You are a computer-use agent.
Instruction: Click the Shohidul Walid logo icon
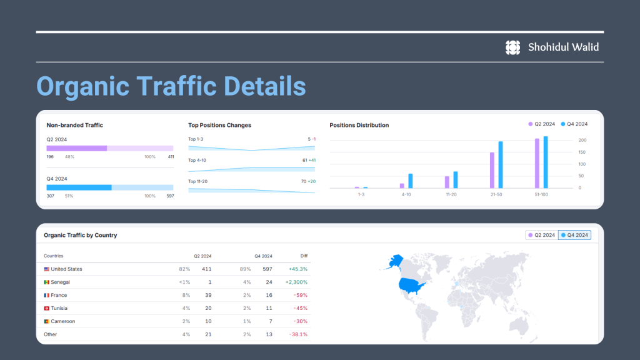pyautogui.click(x=512, y=47)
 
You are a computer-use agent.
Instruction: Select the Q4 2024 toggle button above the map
pyautogui.click(x=574, y=235)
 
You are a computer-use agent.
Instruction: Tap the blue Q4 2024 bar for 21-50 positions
pyautogui.click(x=501, y=165)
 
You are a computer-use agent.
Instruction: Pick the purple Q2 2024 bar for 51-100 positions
pyautogui.click(x=537, y=163)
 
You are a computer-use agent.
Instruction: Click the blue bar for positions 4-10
pyautogui.click(x=411, y=181)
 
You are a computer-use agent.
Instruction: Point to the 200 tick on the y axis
pyautogui.click(x=582, y=141)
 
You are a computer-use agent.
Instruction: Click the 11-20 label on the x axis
pyautogui.click(x=451, y=195)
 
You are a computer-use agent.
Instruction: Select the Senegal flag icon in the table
pyautogui.click(x=46, y=282)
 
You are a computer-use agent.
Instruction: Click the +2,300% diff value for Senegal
pyautogui.click(x=296, y=282)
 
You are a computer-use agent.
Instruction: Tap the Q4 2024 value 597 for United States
pyautogui.click(x=267, y=269)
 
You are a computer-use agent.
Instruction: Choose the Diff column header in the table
pyautogui.click(x=304, y=256)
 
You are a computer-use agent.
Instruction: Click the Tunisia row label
pyautogui.click(x=59, y=308)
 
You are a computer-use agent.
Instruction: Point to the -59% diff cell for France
pyautogui.click(x=301, y=295)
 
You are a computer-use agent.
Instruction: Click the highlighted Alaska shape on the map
pyautogui.click(x=395, y=261)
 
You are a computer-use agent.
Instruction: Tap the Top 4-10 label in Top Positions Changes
pyautogui.click(x=197, y=161)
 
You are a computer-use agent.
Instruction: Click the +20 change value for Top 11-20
pyautogui.click(x=311, y=182)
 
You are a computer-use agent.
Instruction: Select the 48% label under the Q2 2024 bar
pyautogui.click(x=70, y=157)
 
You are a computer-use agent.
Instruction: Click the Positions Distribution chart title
pyautogui.click(x=359, y=125)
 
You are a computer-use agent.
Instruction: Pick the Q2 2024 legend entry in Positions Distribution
pyautogui.click(x=542, y=124)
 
